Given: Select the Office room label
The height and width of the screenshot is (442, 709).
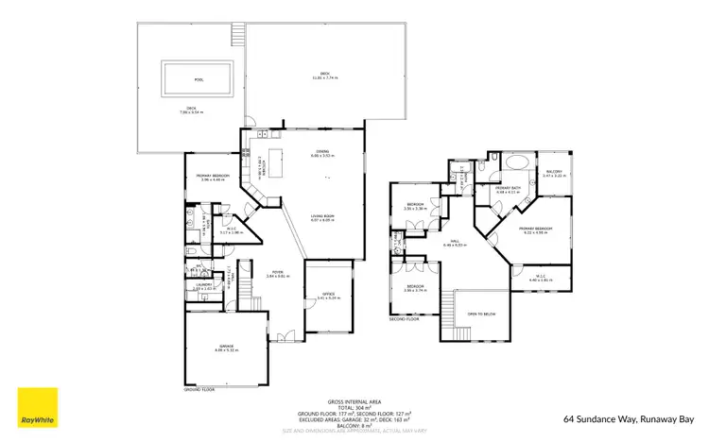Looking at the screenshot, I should pos(328,296).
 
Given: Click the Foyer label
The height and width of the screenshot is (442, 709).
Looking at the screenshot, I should pos(274,273).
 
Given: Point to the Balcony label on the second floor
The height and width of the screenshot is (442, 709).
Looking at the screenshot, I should pos(553,172).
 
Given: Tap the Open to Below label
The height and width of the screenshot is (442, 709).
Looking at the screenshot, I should pos(482,314).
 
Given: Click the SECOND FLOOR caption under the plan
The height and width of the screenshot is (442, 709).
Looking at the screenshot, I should pos(404,318).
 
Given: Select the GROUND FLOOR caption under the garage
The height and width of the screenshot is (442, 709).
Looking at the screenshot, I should pos(200,388).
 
